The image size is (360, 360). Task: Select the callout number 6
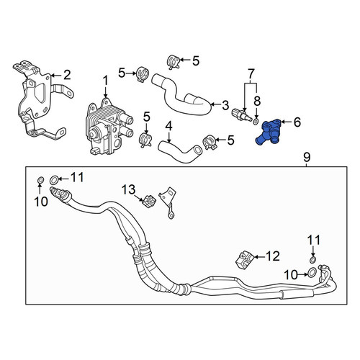[297, 122]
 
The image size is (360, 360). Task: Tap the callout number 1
[106, 81]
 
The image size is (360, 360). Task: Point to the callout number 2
[66, 75]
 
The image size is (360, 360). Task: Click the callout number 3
[225, 105]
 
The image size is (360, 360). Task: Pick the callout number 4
[169, 126]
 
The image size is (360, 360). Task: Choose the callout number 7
[251, 73]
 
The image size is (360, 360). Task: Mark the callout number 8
[257, 101]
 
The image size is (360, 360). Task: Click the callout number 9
[307, 158]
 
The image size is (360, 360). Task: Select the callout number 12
[273, 256]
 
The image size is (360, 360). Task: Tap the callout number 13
[128, 189]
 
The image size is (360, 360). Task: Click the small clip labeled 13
[149, 201]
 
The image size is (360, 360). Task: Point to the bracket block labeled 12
[244, 260]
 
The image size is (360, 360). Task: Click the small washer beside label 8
[256, 121]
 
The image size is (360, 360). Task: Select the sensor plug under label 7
[242, 114]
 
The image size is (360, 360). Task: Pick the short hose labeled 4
[180, 150]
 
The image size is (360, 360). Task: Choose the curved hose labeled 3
[181, 96]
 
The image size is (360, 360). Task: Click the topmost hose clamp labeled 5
[174, 62]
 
